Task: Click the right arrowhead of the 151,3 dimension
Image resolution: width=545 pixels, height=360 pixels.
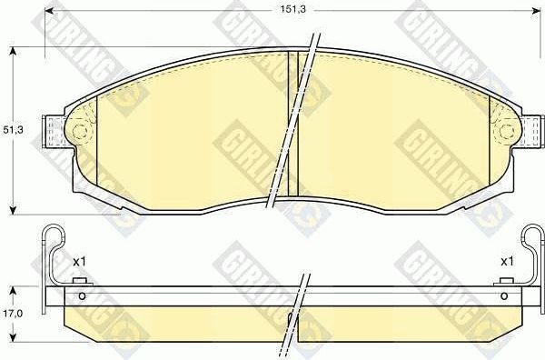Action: [x=536, y=12]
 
